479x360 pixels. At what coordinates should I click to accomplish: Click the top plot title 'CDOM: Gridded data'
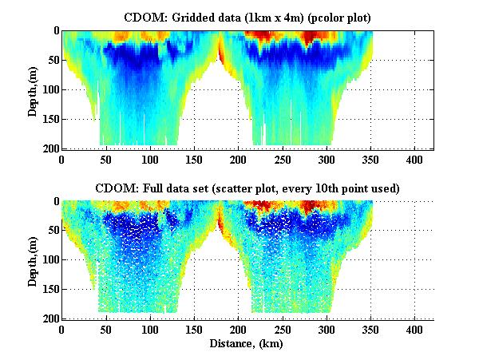(x=192, y=16)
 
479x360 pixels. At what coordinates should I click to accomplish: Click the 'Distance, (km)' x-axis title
(x=247, y=344)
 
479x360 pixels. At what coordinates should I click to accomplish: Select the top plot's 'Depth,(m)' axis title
(x=34, y=89)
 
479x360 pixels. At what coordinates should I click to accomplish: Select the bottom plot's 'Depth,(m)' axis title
(x=34, y=260)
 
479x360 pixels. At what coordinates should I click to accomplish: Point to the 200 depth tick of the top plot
(x=49, y=149)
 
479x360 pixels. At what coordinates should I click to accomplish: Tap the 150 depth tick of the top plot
(x=49, y=120)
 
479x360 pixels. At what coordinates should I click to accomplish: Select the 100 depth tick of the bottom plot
(x=49, y=260)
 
